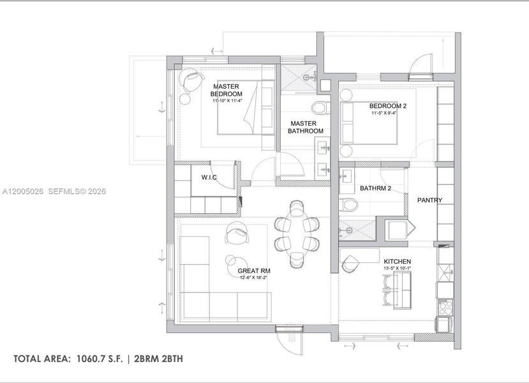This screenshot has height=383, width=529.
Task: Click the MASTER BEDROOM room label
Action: coord(227,89)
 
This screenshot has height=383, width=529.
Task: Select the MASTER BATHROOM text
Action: coord(305,127)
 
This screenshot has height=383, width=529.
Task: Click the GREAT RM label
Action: coord(251,271)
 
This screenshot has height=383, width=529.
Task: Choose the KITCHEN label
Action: coord(397,262)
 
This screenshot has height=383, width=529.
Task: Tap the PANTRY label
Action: coord(429,200)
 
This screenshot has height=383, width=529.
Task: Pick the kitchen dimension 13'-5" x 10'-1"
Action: coord(397,269)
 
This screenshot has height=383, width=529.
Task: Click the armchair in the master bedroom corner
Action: coord(191,80)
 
